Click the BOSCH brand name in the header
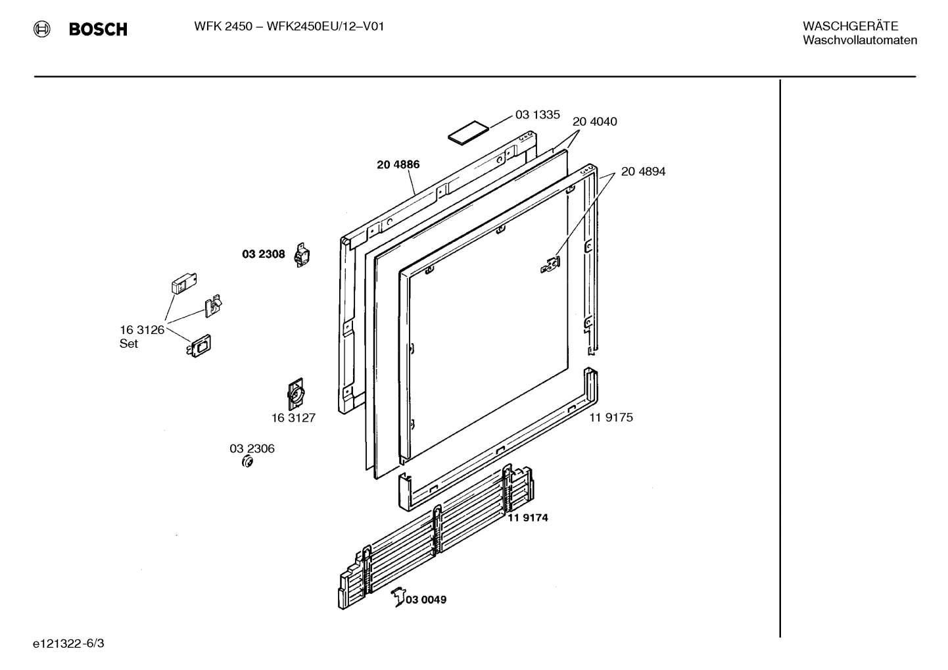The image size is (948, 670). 98,30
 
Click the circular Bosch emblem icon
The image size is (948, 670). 42,29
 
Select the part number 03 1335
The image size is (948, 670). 537,115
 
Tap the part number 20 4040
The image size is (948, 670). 594,122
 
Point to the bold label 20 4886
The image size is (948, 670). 398,165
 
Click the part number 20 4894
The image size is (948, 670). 643,172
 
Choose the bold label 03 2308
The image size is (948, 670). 263,254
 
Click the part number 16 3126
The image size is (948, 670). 141,330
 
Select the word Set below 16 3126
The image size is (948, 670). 129,344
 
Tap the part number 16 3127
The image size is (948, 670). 293,418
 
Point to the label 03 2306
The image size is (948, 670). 252,449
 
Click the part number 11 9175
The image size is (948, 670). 611,418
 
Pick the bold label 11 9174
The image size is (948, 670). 527,518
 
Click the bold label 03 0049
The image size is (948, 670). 425,600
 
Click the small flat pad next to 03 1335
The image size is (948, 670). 469,131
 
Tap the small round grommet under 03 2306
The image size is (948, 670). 248,462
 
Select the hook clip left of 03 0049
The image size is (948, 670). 398,597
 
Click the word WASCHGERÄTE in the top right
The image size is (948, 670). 850,26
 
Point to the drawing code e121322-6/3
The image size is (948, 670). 68,643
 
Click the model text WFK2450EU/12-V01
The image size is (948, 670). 325,26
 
